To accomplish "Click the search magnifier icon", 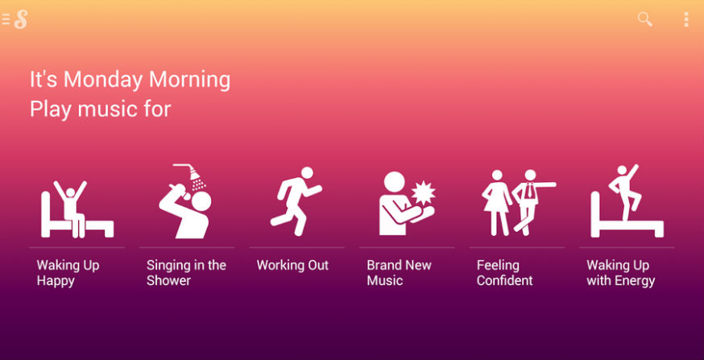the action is click(x=644, y=19).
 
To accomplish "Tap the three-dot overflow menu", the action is click(x=686, y=19).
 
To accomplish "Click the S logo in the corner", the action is click(x=21, y=19).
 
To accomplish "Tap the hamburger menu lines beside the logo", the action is click(x=6, y=19).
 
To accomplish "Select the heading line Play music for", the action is click(x=101, y=110).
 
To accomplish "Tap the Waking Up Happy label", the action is click(x=68, y=273).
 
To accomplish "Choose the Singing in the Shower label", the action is click(x=186, y=273).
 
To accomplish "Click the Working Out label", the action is click(x=292, y=265).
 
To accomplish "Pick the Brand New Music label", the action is click(x=400, y=273).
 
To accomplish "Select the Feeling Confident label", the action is click(x=505, y=273).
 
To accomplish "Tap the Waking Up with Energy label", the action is click(x=620, y=273).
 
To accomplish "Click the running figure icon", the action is click(x=296, y=201).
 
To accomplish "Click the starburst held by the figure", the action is click(x=424, y=193).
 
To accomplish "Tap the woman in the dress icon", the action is click(x=496, y=202).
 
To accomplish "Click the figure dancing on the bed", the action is click(x=624, y=192).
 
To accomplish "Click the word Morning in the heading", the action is click(x=189, y=80).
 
